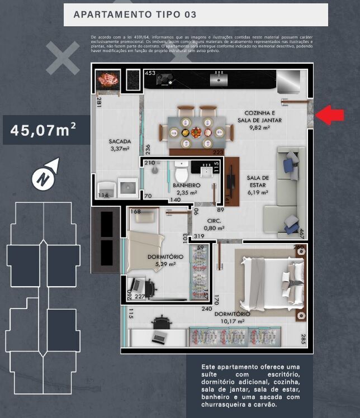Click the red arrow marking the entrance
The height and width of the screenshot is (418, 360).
[x=330, y=116]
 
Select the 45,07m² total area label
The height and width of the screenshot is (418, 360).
[x=44, y=130]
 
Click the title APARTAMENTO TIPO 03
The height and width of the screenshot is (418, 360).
[x=135, y=15]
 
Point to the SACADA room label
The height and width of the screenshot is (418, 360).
[x=120, y=145]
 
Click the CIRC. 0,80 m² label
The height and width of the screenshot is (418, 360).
[x=214, y=224]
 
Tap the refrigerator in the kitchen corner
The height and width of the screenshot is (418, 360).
[x=289, y=82]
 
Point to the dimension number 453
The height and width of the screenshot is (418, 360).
[x=150, y=73]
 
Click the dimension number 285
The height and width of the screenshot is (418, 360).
[x=302, y=338]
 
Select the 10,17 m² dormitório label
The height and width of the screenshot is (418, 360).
[x=233, y=317]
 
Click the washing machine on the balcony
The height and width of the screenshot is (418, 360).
[x=129, y=187]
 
